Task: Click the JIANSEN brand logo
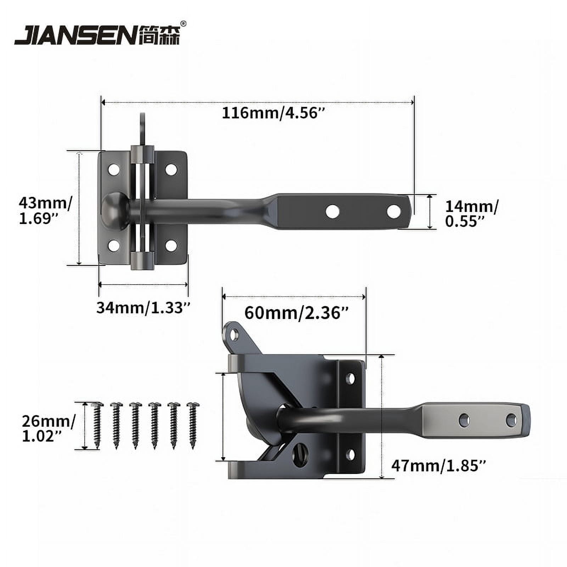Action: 97,35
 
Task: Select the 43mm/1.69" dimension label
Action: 45,210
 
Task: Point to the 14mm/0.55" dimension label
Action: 471,214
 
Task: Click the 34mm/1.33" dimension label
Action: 144,308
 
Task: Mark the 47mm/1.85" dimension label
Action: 438,465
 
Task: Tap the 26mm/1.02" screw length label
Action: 49,429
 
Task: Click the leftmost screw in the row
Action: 97,425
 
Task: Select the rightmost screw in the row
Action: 193,425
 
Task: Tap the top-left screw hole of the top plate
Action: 114,169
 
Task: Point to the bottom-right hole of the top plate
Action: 171,245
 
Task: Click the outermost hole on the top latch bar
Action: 394,212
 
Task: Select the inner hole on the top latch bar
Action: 332,212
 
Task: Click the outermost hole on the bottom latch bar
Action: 511,421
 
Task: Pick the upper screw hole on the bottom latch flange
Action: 350,379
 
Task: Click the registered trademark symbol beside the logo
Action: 183,24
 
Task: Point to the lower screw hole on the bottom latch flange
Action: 350,454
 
